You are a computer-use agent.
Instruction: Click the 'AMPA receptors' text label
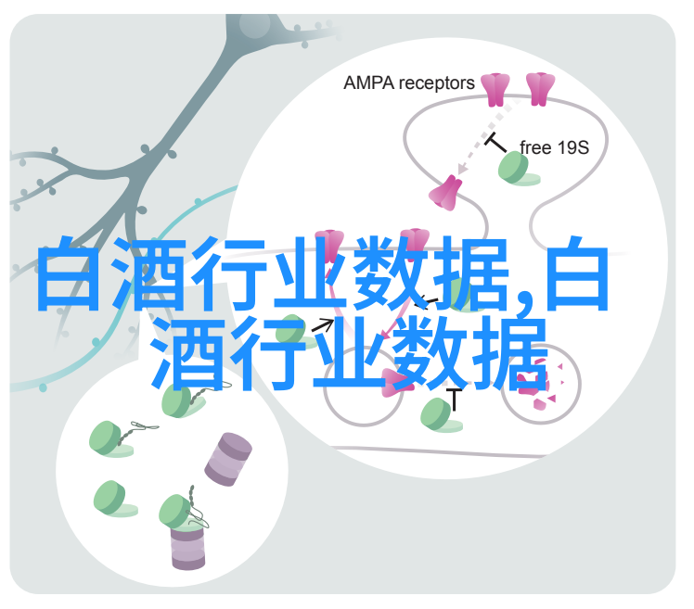pos(409,83)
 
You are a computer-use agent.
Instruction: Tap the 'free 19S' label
pos(554,147)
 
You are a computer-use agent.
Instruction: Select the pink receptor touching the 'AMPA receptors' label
pos(495,90)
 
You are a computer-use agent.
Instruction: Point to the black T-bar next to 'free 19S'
pos(495,143)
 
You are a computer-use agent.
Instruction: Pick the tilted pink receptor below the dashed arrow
pos(445,193)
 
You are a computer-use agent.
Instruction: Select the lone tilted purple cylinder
pos(228,460)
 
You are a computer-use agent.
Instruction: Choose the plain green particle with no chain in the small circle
pos(114,499)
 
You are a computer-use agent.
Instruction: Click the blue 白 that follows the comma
pos(577,273)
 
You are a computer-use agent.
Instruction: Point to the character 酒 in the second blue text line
pos(187,353)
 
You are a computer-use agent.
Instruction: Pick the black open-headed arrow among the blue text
pos(323,325)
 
